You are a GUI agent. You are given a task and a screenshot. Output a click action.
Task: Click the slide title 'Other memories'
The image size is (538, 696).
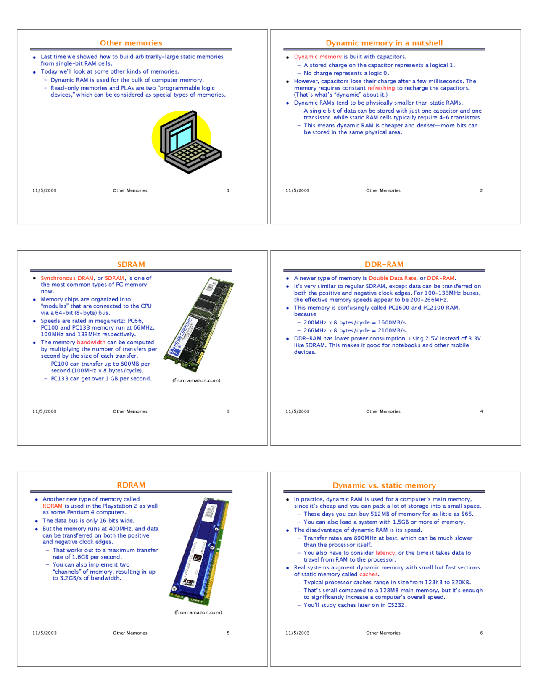(131, 43)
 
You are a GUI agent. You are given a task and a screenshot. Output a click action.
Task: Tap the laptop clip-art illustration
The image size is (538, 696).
(186, 142)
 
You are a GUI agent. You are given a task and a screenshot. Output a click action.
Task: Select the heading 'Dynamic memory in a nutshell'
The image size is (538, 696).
(384, 43)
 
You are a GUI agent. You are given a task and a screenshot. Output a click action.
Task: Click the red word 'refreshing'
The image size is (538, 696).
(381, 88)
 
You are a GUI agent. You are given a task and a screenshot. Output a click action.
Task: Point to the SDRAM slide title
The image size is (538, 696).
(131, 264)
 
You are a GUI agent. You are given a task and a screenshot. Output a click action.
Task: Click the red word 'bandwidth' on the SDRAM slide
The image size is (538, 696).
(91, 343)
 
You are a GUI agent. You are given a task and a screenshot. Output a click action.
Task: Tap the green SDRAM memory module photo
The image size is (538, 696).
(198, 324)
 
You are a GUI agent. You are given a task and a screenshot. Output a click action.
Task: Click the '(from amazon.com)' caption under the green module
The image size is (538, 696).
(196, 380)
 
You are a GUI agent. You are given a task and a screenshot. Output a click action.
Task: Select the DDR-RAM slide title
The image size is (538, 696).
(384, 264)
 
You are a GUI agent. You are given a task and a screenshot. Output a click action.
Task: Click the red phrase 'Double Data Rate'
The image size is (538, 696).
(392, 278)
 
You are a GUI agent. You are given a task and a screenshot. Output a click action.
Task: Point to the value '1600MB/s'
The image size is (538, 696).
(392, 322)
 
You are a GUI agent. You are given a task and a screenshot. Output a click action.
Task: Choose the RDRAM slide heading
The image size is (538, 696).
(131, 485)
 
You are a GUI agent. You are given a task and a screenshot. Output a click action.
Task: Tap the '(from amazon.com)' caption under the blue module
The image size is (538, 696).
(198, 612)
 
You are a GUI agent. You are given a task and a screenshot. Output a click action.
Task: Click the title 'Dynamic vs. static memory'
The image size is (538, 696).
(384, 485)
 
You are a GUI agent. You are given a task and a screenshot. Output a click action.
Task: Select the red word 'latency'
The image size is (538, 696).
(385, 553)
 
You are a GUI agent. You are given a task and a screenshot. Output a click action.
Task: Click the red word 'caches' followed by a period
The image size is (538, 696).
(369, 574)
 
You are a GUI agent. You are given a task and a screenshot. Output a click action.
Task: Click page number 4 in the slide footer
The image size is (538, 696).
(481, 411)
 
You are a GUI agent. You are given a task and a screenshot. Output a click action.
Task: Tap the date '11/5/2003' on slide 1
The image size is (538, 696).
(44, 190)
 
